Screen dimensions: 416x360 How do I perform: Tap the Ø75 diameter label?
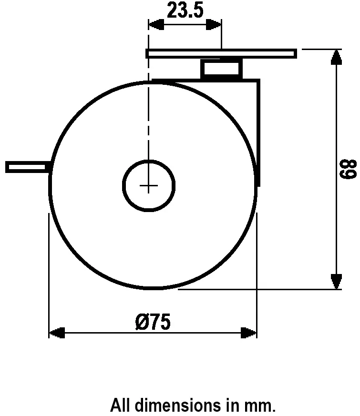(153, 323)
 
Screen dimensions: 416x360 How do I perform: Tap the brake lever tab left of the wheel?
(27, 167)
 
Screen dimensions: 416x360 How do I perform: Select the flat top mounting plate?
(221, 53)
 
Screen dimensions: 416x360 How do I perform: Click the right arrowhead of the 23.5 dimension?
(214, 25)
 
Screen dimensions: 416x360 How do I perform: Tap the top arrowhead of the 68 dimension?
(337, 57)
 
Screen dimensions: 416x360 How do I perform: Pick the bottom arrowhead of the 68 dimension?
(337, 281)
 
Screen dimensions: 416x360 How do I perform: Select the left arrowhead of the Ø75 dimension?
(57, 333)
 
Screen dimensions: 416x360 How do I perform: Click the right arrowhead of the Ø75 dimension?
(249, 333)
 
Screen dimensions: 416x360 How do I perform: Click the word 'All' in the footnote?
(121, 406)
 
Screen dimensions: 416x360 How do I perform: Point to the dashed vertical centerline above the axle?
(149, 119)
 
